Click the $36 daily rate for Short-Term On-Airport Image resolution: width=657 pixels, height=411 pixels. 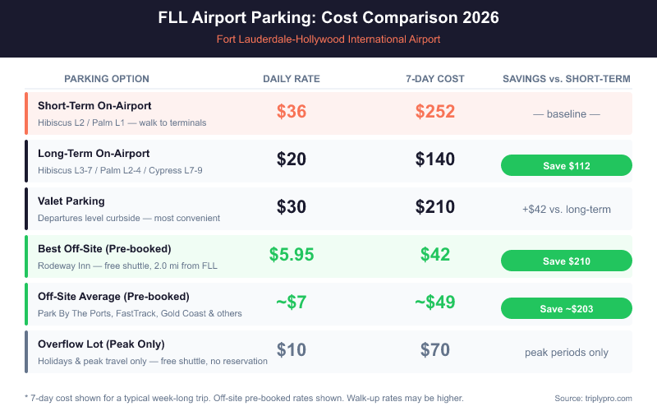pyautogui.click(x=292, y=112)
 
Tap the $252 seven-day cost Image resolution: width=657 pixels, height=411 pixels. pyautogui.click(x=435, y=112)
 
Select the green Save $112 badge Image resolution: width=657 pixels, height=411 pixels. pyautogui.click(x=567, y=165)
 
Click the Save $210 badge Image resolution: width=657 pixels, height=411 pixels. pyautogui.click(x=567, y=261)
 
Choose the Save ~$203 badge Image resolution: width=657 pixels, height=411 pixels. pyautogui.click(x=567, y=308)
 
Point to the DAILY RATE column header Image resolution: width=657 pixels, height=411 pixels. pyautogui.click(x=292, y=79)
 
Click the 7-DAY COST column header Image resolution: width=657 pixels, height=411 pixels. pyautogui.click(x=435, y=79)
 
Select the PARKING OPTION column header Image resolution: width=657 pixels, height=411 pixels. pyautogui.click(x=107, y=79)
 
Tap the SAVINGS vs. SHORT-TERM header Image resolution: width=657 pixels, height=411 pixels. pyautogui.click(x=567, y=79)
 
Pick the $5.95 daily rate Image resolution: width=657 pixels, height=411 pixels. pyautogui.click(x=292, y=255)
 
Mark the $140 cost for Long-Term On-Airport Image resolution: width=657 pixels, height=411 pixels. pyautogui.click(x=435, y=159)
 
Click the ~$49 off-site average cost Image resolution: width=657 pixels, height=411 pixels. pyautogui.click(x=435, y=302)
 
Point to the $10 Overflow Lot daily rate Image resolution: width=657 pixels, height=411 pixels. pyautogui.click(x=292, y=350)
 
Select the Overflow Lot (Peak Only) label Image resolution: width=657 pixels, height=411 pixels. pyautogui.click(x=101, y=344)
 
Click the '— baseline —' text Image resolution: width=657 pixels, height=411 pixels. pyautogui.click(x=567, y=113)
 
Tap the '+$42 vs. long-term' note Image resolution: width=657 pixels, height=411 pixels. pyautogui.click(x=567, y=209)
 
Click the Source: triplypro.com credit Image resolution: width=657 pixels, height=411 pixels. pyautogui.click(x=594, y=398)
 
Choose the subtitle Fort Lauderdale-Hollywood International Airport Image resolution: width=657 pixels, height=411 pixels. pyautogui.click(x=328, y=39)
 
